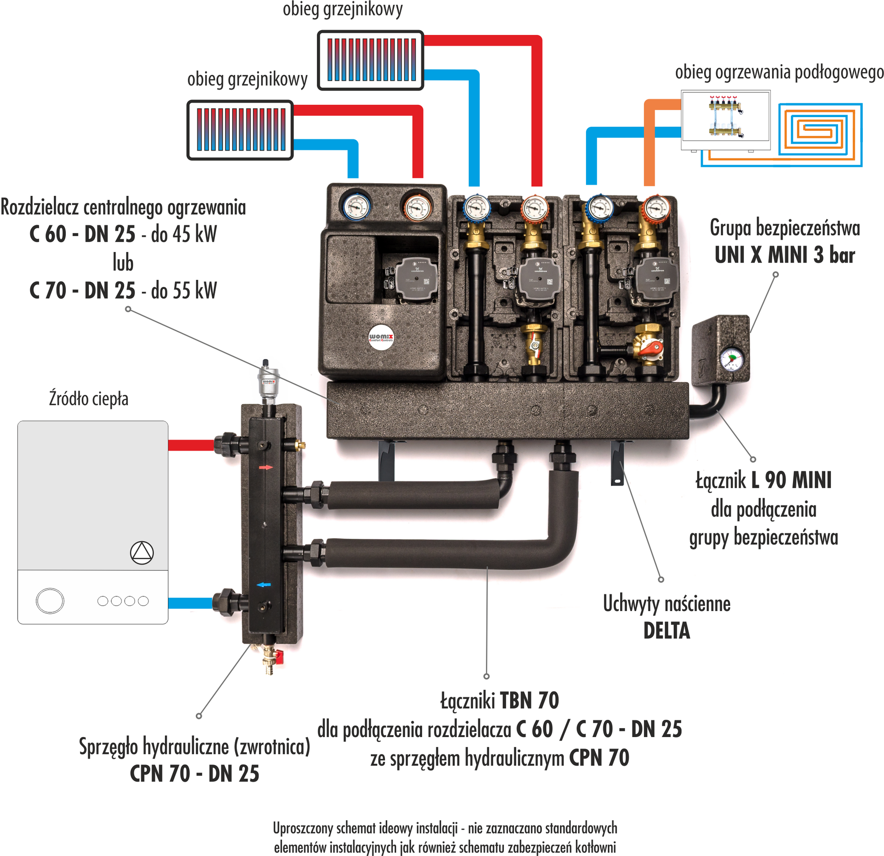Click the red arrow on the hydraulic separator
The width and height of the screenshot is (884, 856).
coord(266,467)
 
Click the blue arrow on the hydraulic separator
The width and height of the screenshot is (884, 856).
coord(264,585)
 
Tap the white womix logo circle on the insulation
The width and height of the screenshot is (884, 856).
coord(381,337)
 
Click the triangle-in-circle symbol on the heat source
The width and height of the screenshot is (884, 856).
coord(141,552)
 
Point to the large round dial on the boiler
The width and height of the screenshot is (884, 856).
coord(50,600)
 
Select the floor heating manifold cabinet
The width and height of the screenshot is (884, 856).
coord(725,120)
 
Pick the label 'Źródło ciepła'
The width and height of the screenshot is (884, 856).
coord(89,399)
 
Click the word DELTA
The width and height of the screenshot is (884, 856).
coord(667,631)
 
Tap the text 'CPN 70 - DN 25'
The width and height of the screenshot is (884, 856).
coord(194,773)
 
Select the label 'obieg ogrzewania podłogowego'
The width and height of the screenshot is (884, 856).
coord(779,72)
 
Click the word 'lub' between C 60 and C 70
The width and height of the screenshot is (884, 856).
coord(123,263)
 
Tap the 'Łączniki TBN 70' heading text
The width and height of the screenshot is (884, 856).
coord(499,700)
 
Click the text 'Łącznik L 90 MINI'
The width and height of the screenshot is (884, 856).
coord(763,480)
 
